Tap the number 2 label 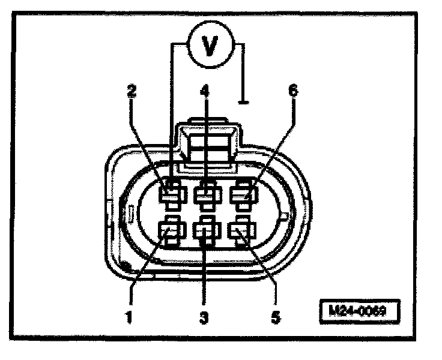[132, 91]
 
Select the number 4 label [205, 91]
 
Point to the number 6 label [293, 91]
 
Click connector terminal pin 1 [172, 231]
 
